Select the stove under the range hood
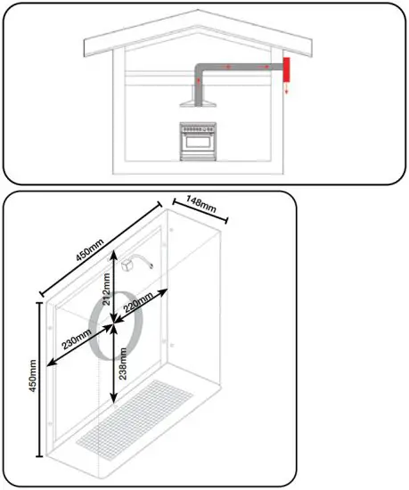pos(199,140)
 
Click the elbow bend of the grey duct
pos(201,69)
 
